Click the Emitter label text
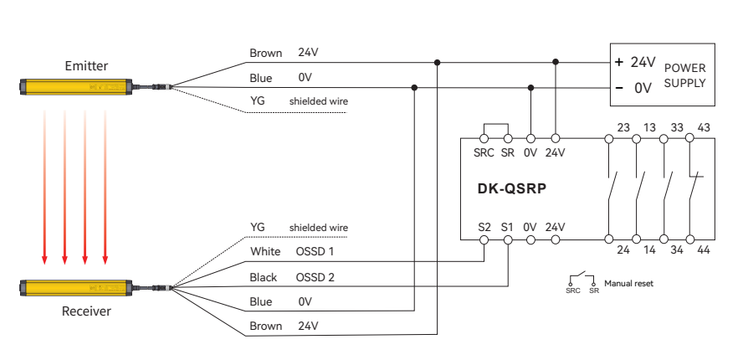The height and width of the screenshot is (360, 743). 86,65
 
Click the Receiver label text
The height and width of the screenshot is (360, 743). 86,311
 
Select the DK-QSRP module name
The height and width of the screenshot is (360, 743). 505,189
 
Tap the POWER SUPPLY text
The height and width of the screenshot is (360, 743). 684,75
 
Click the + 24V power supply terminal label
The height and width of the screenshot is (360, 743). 635,62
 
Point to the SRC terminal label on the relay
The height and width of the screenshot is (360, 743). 483,152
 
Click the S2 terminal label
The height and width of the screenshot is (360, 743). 484,226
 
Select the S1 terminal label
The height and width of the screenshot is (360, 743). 507,226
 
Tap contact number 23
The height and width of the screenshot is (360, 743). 623,127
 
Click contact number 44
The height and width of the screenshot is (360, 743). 703,249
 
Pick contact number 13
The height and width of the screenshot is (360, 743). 649,127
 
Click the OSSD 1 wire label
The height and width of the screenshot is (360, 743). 316,252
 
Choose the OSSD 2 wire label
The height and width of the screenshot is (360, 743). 316,277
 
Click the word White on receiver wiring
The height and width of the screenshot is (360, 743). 265,252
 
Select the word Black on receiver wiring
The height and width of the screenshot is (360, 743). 264,277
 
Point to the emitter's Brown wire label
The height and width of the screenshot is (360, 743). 266,53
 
